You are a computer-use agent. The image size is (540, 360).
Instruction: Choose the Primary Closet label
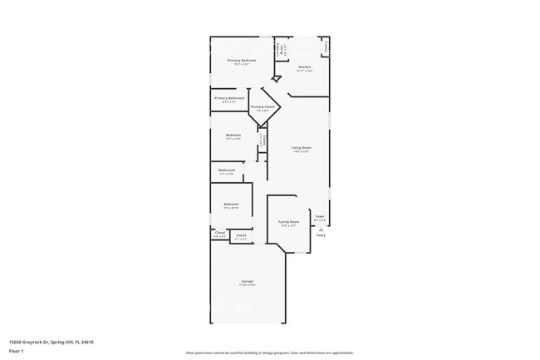[263, 107]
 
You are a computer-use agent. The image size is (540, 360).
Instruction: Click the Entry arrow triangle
[321, 228]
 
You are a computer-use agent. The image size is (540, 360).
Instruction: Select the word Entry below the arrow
[321, 235]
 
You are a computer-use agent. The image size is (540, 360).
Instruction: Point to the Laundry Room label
[283, 48]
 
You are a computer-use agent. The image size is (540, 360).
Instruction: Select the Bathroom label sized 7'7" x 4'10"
[227, 170]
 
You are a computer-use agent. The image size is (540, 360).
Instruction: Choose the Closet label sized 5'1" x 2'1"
[241, 236]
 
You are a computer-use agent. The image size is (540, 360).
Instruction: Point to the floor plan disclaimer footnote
[269, 353]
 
